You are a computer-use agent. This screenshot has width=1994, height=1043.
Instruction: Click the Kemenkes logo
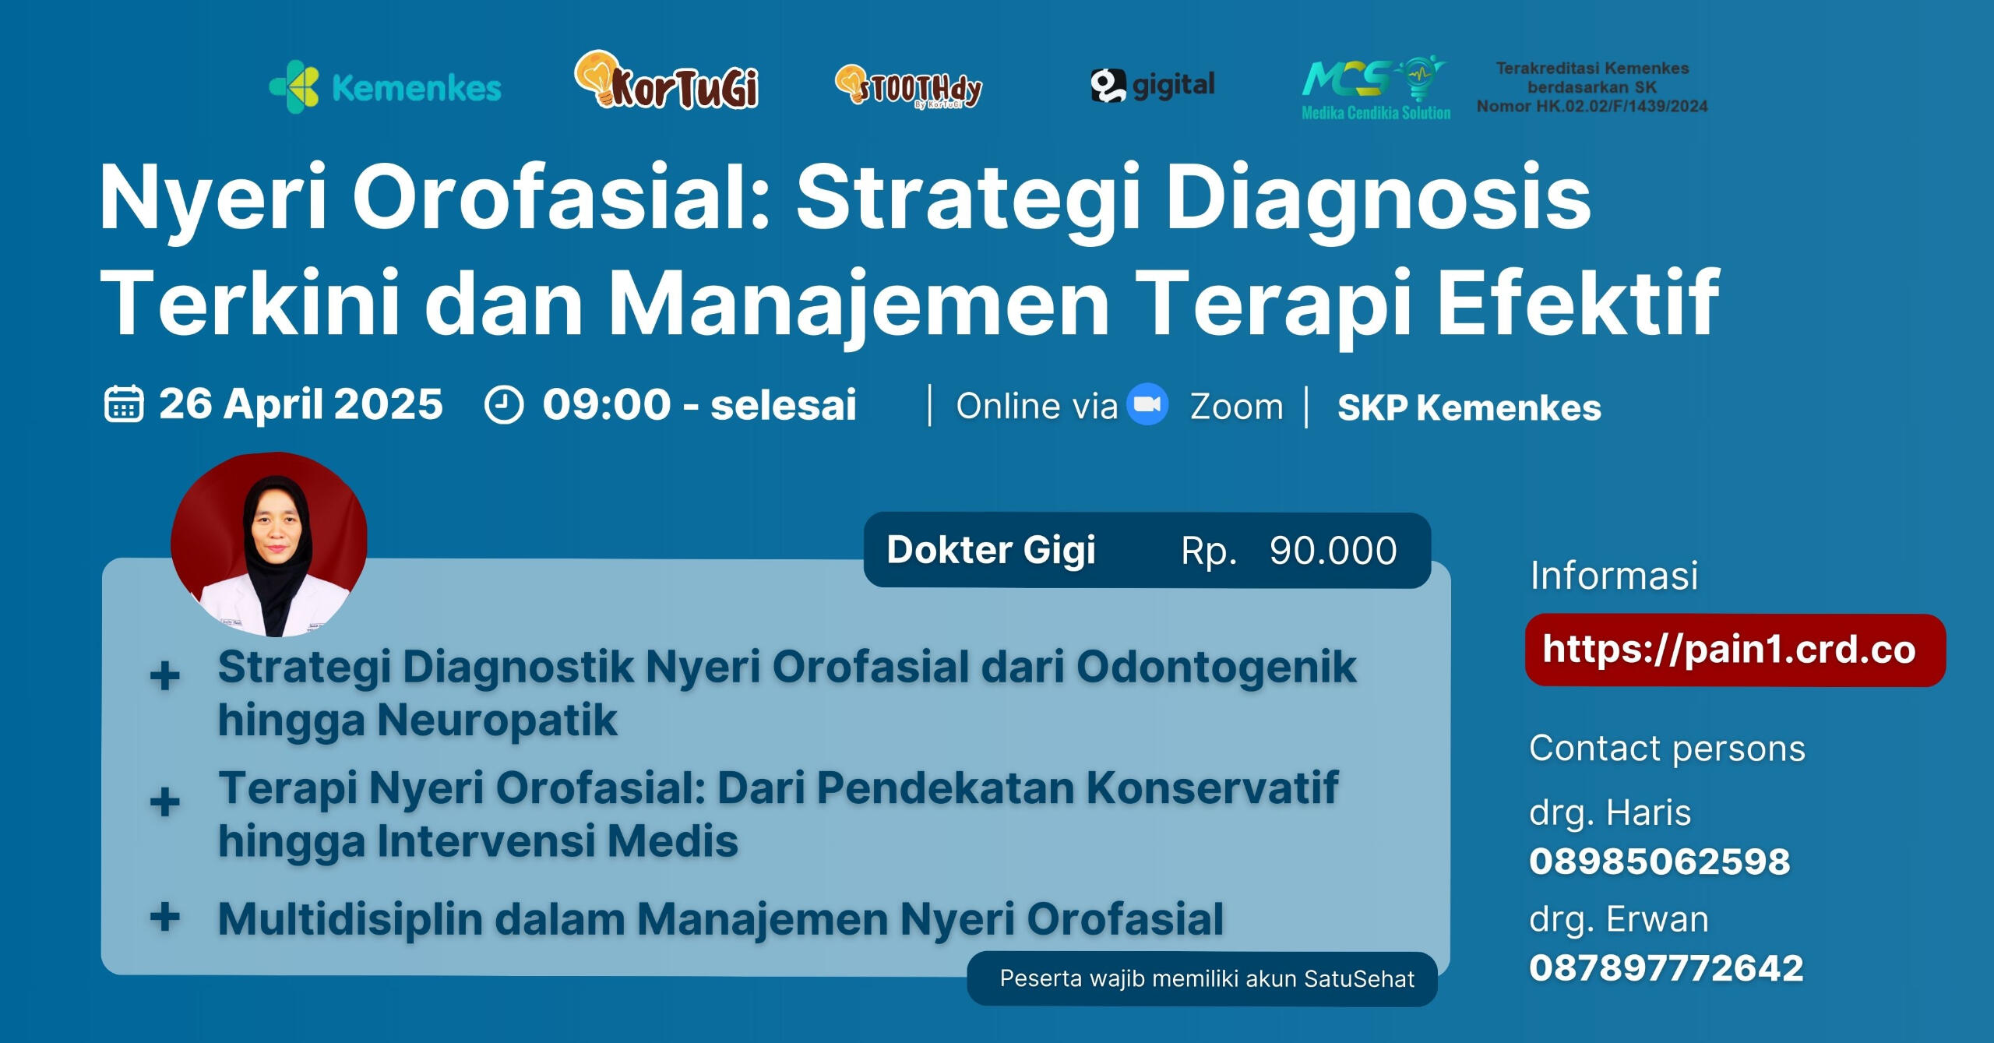click(x=385, y=87)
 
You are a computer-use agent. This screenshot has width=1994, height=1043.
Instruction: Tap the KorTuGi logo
click(x=667, y=83)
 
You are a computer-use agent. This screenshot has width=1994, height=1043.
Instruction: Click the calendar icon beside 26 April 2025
click(x=123, y=404)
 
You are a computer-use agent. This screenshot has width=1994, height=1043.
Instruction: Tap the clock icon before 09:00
click(x=503, y=406)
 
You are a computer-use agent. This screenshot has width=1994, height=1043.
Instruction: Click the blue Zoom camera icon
click(x=1148, y=405)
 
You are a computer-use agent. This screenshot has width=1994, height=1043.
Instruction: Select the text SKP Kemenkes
click(x=1469, y=407)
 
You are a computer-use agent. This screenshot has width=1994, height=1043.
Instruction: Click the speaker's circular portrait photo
click(x=269, y=544)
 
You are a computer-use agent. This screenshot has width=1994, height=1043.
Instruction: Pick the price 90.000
click(x=1333, y=551)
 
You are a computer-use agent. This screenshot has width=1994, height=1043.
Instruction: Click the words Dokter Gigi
click(x=991, y=550)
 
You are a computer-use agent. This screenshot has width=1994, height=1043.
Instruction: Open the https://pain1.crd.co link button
click(x=1735, y=650)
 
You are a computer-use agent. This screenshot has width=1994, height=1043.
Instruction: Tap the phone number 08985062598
click(x=1659, y=862)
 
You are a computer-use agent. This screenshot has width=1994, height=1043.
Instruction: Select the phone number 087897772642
click(x=1666, y=968)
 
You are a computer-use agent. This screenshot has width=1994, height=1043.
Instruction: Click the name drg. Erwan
click(x=1619, y=919)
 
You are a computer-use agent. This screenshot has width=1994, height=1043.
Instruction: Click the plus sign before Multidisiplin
click(x=164, y=917)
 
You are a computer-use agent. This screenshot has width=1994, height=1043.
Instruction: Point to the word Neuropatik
click(x=497, y=719)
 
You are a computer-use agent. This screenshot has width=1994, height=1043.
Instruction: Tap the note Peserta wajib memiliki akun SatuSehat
click(x=1207, y=978)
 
